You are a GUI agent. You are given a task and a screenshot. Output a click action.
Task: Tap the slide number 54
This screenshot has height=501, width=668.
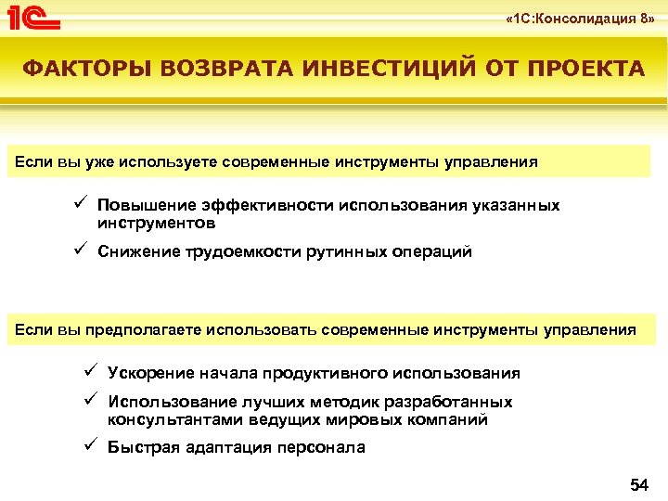[639, 483]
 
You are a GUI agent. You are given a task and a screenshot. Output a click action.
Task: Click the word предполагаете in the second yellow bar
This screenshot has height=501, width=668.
[143, 329]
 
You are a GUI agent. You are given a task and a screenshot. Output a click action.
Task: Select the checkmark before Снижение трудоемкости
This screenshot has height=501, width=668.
[82, 250]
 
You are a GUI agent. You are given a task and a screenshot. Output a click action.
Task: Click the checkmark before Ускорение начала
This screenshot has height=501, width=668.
[91, 372]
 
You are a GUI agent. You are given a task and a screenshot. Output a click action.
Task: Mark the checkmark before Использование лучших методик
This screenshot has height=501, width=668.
[91, 402]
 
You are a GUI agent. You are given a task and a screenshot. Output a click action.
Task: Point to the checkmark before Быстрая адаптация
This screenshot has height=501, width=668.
[91, 446]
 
